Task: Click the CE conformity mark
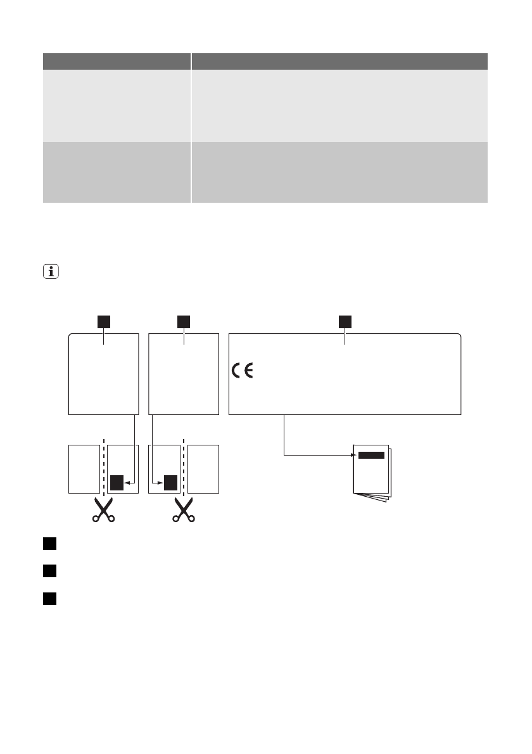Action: pos(241,371)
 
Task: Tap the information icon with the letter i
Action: pos(49,273)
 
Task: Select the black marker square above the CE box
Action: pos(345,321)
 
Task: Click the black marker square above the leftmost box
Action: pos(104,321)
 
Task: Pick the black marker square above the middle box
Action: pos(184,321)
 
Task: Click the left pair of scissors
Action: pos(104,509)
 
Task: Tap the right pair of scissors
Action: pos(184,509)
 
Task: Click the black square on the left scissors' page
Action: pos(117,483)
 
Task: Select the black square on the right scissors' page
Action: pos(170,483)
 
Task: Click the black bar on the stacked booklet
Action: pos(371,455)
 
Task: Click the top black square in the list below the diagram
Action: pos(50,544)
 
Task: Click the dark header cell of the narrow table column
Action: pos(117,61)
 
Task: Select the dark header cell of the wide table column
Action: pos(339,61)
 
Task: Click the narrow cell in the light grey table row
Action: pos(117,105)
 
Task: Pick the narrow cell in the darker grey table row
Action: pos(117,172)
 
